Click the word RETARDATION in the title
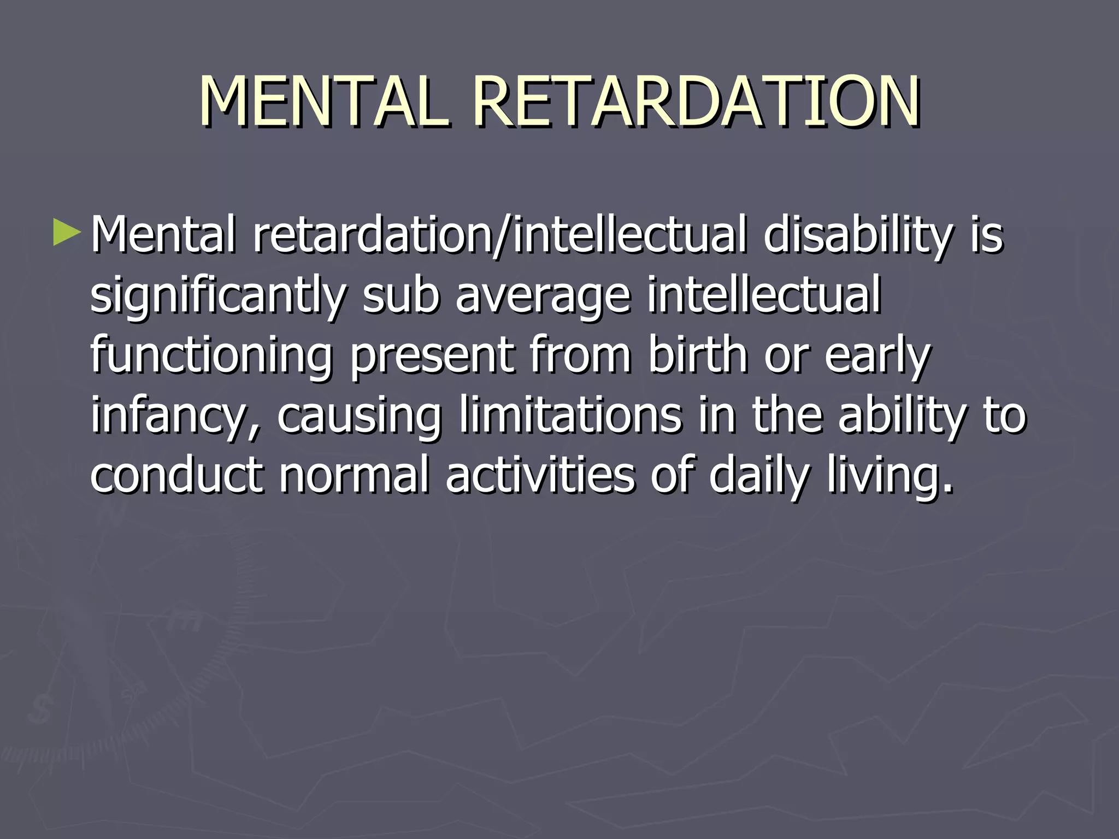click(696, 102)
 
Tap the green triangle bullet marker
click(67, 233)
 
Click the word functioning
click(211, 356)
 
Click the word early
click(876, 356)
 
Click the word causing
click(359, 416)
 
